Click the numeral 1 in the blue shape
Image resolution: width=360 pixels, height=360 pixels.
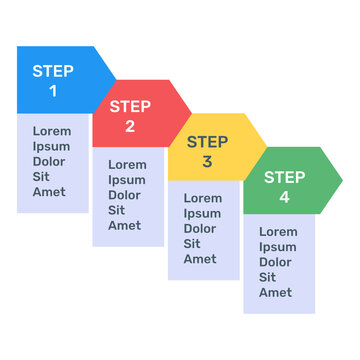click(53, 91)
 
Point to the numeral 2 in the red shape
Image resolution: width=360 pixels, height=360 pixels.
click(130, 126)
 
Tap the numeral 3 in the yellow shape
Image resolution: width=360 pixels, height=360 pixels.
click(207, 161)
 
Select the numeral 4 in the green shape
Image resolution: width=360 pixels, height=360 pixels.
click(284, 197)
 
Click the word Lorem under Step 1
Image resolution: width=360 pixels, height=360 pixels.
click(52, 131)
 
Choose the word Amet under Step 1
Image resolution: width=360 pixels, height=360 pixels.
click(49, 191)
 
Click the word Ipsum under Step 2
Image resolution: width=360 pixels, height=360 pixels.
click(126, 180)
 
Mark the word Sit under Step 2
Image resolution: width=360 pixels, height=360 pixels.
click(117, 210)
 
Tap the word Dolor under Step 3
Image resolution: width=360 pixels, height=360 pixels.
click(200, 228)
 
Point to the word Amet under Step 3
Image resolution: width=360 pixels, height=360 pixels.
click(200, 259)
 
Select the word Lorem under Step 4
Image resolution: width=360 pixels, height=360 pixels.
click(278, 231)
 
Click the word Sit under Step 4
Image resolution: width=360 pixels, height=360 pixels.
click(268, 277)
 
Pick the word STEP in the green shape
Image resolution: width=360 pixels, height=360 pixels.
click(285, 177)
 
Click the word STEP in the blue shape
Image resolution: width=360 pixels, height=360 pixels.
click(53, 71)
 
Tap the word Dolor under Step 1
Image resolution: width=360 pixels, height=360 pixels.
click(50, 161)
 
